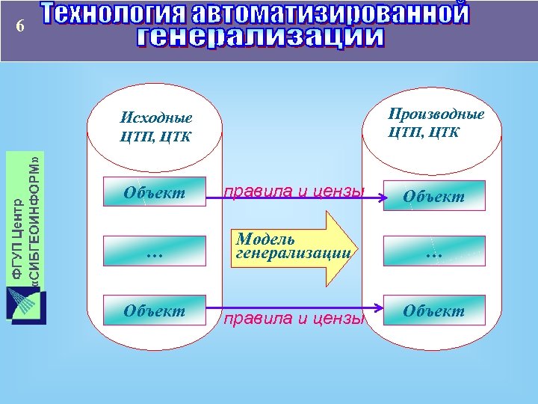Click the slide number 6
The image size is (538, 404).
pos(21,26)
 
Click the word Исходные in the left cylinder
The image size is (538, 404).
pos(156,118)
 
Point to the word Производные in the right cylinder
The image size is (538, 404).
pos(436,114)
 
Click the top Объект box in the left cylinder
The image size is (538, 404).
pos(155,193)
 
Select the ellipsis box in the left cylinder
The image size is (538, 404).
pos(155,251)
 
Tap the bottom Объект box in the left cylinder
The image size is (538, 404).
pos(155,309)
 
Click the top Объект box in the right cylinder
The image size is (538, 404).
pos(433,196)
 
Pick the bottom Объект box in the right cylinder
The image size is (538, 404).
pos(433,310)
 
